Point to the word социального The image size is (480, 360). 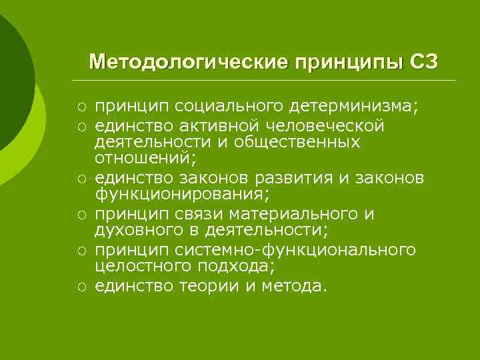(218, 107)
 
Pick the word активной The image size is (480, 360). (217, 125)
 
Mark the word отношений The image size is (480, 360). (141, 160)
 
